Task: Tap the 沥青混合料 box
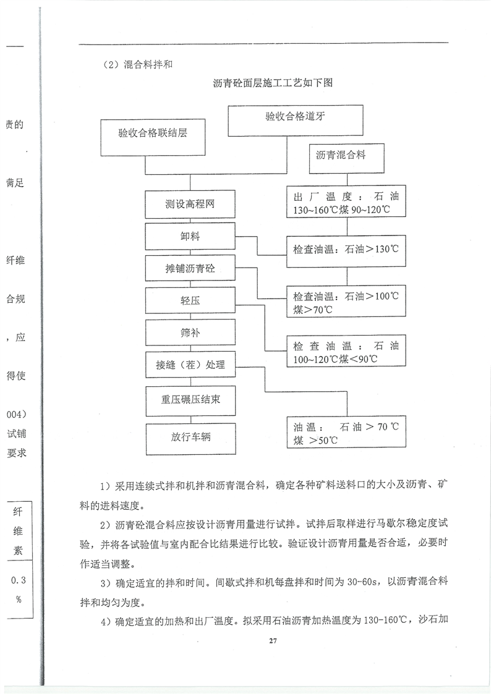pos(346,159)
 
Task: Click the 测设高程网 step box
pos(190,205)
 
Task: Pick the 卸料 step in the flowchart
pos(190,237)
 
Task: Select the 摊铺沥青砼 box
pos(190,269)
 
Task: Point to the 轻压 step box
pos(190,301)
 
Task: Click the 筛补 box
pos(190,332)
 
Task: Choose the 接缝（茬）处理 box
pos(190,365)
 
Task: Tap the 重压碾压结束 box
pos(190,399)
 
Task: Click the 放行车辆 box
pos(190,438)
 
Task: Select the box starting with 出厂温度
pos(346,203)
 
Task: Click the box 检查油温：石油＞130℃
pos(346,250)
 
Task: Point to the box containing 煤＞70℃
pos(346,302)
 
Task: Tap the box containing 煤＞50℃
pos(346,432)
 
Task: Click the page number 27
pos(272,640)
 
